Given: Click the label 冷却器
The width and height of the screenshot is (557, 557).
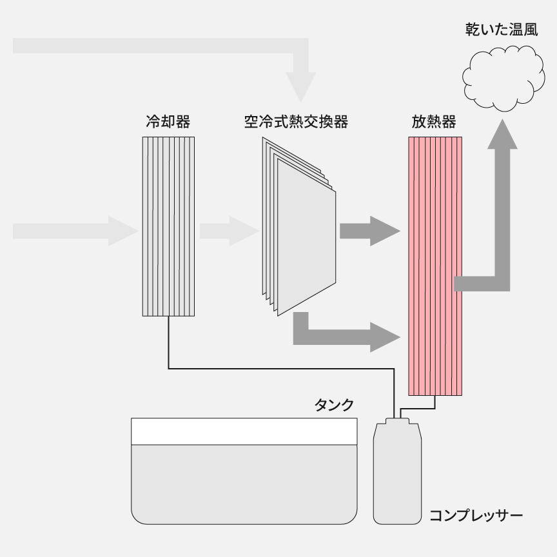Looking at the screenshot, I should [x=168, y=122].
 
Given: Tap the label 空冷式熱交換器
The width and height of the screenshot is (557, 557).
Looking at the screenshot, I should [x=296, y=122].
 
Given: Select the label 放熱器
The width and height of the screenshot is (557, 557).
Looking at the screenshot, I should [x=434, y=122].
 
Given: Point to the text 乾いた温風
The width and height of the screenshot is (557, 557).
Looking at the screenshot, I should [x=502, y=30].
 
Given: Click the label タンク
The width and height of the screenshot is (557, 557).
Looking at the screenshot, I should [x=334, y=405].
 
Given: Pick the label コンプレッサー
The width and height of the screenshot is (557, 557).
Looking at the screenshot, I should [x=476, y=516].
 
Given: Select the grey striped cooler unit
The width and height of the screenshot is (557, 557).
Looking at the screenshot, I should [x=168, y=226].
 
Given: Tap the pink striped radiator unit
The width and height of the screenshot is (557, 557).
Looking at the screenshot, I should [x=435, y=264].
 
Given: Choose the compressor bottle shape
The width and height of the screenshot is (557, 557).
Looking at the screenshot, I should [x=396, y=474].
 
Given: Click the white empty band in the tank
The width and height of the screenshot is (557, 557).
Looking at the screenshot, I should [x=244, y=431].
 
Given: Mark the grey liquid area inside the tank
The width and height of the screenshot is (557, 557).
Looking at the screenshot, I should [x=244, y=484].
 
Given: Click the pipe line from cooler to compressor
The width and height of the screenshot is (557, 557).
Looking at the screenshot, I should [x=277, y=369].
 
